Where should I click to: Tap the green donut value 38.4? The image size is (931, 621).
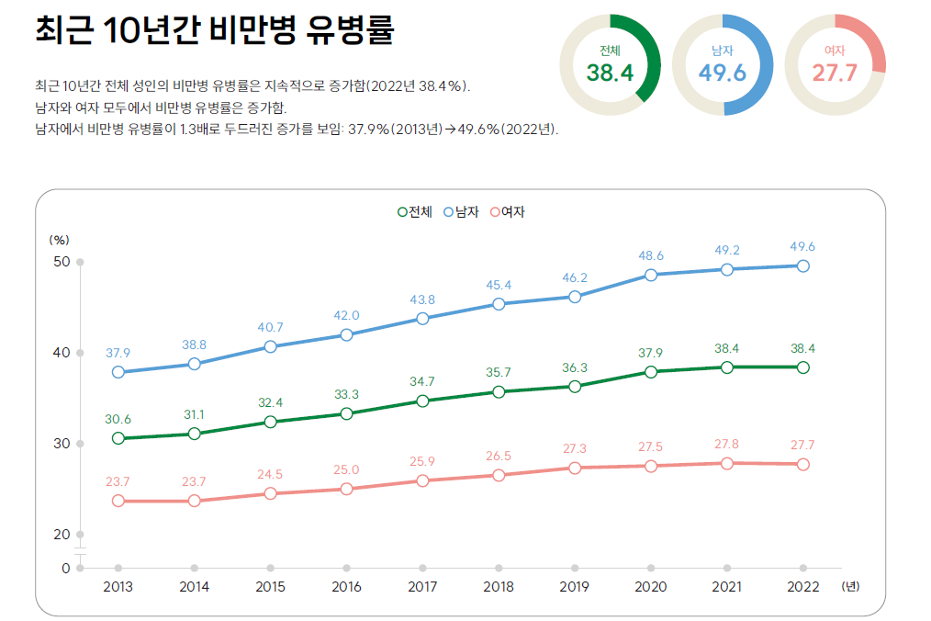[610, 73]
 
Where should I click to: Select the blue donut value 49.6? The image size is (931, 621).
[723, 73]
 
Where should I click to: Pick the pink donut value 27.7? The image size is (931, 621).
[835, 73]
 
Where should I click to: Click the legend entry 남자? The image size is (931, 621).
[463, 211]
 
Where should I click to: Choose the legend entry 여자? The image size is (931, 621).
[507, 211]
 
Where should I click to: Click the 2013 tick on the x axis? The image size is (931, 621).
[118, 586]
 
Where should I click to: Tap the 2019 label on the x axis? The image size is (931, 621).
[574, 586]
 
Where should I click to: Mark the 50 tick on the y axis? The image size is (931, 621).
[62, 262]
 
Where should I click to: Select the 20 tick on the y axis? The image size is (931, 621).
[62, 535]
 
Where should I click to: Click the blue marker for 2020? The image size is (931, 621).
[651, 275]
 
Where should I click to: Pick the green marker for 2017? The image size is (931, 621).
[422, 401]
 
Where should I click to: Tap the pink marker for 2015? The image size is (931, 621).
[270, 493]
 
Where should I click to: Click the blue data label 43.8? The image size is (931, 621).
[422, 299]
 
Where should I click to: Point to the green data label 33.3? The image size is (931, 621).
[346, 394]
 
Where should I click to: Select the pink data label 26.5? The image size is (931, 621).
[499, 456]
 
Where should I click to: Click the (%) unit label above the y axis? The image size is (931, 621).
[59, 239]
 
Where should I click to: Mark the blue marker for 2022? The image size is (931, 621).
[802, 265]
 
